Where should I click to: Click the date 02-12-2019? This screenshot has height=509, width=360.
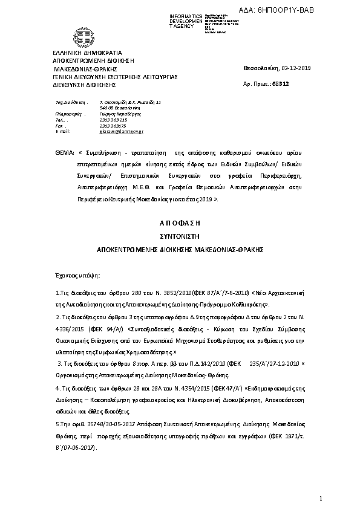click(x=296, y=68)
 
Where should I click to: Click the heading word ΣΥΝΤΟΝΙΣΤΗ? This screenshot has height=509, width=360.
click(x=180, y=236)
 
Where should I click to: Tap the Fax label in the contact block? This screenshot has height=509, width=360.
click(x=59, y=126)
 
